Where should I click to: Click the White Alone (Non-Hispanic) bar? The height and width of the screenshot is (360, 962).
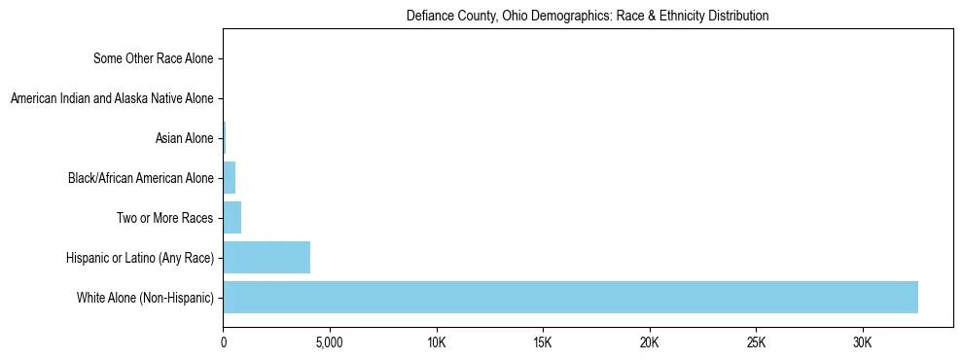tap(570, 297)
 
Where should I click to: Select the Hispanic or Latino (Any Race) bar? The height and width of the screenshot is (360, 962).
tap(267, 257)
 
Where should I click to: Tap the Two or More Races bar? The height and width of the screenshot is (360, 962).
tap(232, 217)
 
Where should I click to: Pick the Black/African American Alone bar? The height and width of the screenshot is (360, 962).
tap(230, 178)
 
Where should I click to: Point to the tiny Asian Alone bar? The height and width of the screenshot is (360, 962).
tap(225, 138)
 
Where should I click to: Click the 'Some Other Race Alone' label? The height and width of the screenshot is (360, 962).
tap(154, 58)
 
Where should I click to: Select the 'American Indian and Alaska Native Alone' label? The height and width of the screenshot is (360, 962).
tap(112, 98)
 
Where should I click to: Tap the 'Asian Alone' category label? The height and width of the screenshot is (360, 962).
tap(184, 138)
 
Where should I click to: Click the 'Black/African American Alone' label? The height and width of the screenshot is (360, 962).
tap(140, 178)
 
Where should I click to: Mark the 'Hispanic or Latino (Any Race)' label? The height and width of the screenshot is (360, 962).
tap(140, 258)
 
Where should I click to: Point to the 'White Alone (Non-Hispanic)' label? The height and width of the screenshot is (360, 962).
tap(145, 298)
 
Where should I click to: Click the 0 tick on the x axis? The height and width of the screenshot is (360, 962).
tap(224, 343)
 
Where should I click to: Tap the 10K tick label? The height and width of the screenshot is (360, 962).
tap(437, 343)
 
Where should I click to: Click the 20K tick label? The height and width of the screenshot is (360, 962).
tap(650, 343)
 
